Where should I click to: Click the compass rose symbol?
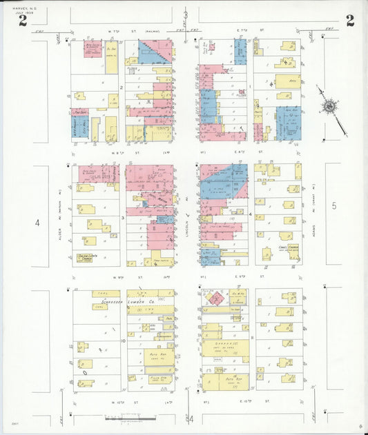[x=330, y=107]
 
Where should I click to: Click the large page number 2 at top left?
[x=23, y=20]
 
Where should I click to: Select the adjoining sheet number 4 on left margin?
[x=38, y=223]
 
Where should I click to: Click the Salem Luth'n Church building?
[x=86, y=257]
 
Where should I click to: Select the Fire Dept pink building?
[x=81, y=112]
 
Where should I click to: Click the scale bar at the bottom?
[x=131, y=418]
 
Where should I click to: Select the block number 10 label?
[x=122, y=341]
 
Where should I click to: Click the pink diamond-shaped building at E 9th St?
[x=217, y=298]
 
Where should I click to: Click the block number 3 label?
[x=122, y=218]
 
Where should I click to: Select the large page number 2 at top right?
[x=350, y=20]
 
